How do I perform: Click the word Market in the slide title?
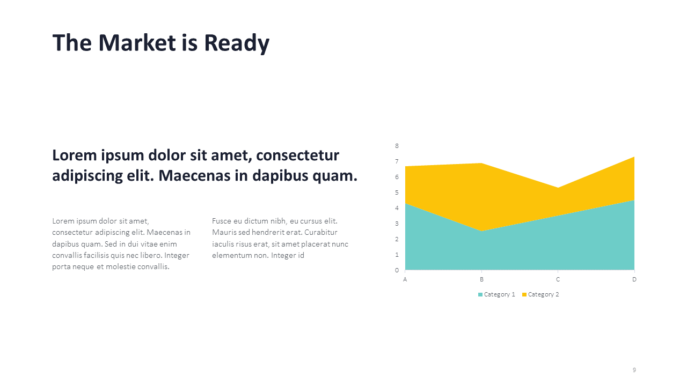(137, 42)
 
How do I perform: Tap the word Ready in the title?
(237, 44)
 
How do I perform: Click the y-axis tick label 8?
(397, 146)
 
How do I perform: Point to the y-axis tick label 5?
(397, 192)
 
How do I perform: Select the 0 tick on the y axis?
(397, 270)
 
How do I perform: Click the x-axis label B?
(481, 279)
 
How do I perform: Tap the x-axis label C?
(558, 279)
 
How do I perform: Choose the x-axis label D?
(634, 279)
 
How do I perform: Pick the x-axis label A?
(405, 279)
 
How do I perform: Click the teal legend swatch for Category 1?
(480, 294)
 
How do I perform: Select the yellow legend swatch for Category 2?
(524, 294)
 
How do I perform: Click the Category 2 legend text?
(544, 294)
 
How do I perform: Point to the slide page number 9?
(634, 370)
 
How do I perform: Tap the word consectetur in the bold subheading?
(297, 155)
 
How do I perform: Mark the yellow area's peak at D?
(634, 157)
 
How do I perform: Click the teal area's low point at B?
(481, 231)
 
